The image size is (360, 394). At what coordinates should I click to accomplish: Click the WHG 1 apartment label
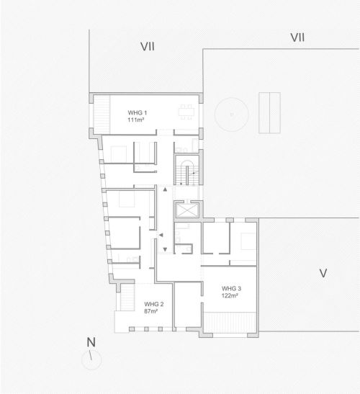coord(138,112)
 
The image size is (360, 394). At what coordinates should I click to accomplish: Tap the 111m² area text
coord(135,120)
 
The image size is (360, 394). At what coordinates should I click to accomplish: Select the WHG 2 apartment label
coord(154,304)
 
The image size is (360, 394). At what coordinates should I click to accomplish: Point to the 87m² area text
coord(150,311)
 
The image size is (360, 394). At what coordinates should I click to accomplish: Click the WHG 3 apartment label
coord(231,288)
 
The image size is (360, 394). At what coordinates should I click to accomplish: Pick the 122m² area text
coord(230,296)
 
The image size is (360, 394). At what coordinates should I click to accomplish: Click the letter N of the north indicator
coord(91,342)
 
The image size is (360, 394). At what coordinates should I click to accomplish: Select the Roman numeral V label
coord(323,273)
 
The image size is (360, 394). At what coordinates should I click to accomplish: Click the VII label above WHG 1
coord(148,47)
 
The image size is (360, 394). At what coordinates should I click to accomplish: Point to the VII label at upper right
coord(297,37)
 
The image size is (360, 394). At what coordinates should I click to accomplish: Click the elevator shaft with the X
coord(186,210)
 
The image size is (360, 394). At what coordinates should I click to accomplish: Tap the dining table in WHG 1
coord(186,112)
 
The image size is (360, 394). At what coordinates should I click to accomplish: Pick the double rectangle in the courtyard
coord(269,113)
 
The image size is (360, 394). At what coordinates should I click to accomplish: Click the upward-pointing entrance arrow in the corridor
coord(165,189)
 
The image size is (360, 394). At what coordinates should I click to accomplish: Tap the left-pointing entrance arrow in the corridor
coord(161,235)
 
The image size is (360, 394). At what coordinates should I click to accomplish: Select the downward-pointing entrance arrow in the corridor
coord(165,249)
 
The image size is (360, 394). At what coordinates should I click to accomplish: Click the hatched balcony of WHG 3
coord(230,323)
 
